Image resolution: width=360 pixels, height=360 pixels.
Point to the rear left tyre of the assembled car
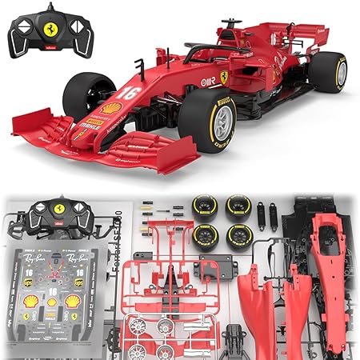click(x=327, y=72)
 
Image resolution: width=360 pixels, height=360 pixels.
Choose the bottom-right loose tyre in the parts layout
click(x=238, y=236)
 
